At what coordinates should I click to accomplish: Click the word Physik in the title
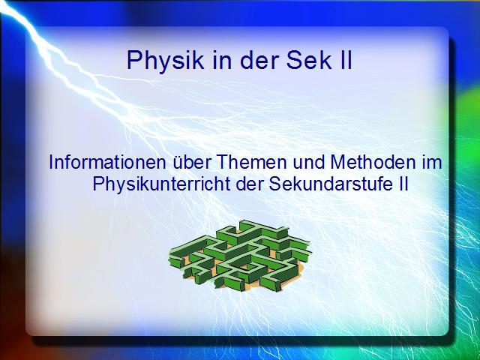(x=165, y=61)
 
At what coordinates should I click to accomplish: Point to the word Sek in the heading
(x=309, y=60)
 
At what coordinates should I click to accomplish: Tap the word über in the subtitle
(x=192, y=162)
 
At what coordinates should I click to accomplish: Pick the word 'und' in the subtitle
(x=308, y=162)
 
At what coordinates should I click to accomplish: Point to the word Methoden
(x=373, y=162)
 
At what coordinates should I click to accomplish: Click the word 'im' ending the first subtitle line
(x=432, y=162)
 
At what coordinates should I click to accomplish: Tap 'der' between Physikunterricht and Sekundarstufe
(x=250, y=184)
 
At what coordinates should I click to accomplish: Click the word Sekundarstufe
(x=331, y=184)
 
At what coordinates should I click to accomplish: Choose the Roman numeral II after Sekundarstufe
(x=403, y=184)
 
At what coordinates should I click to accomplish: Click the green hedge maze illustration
(x=240, y=256)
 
